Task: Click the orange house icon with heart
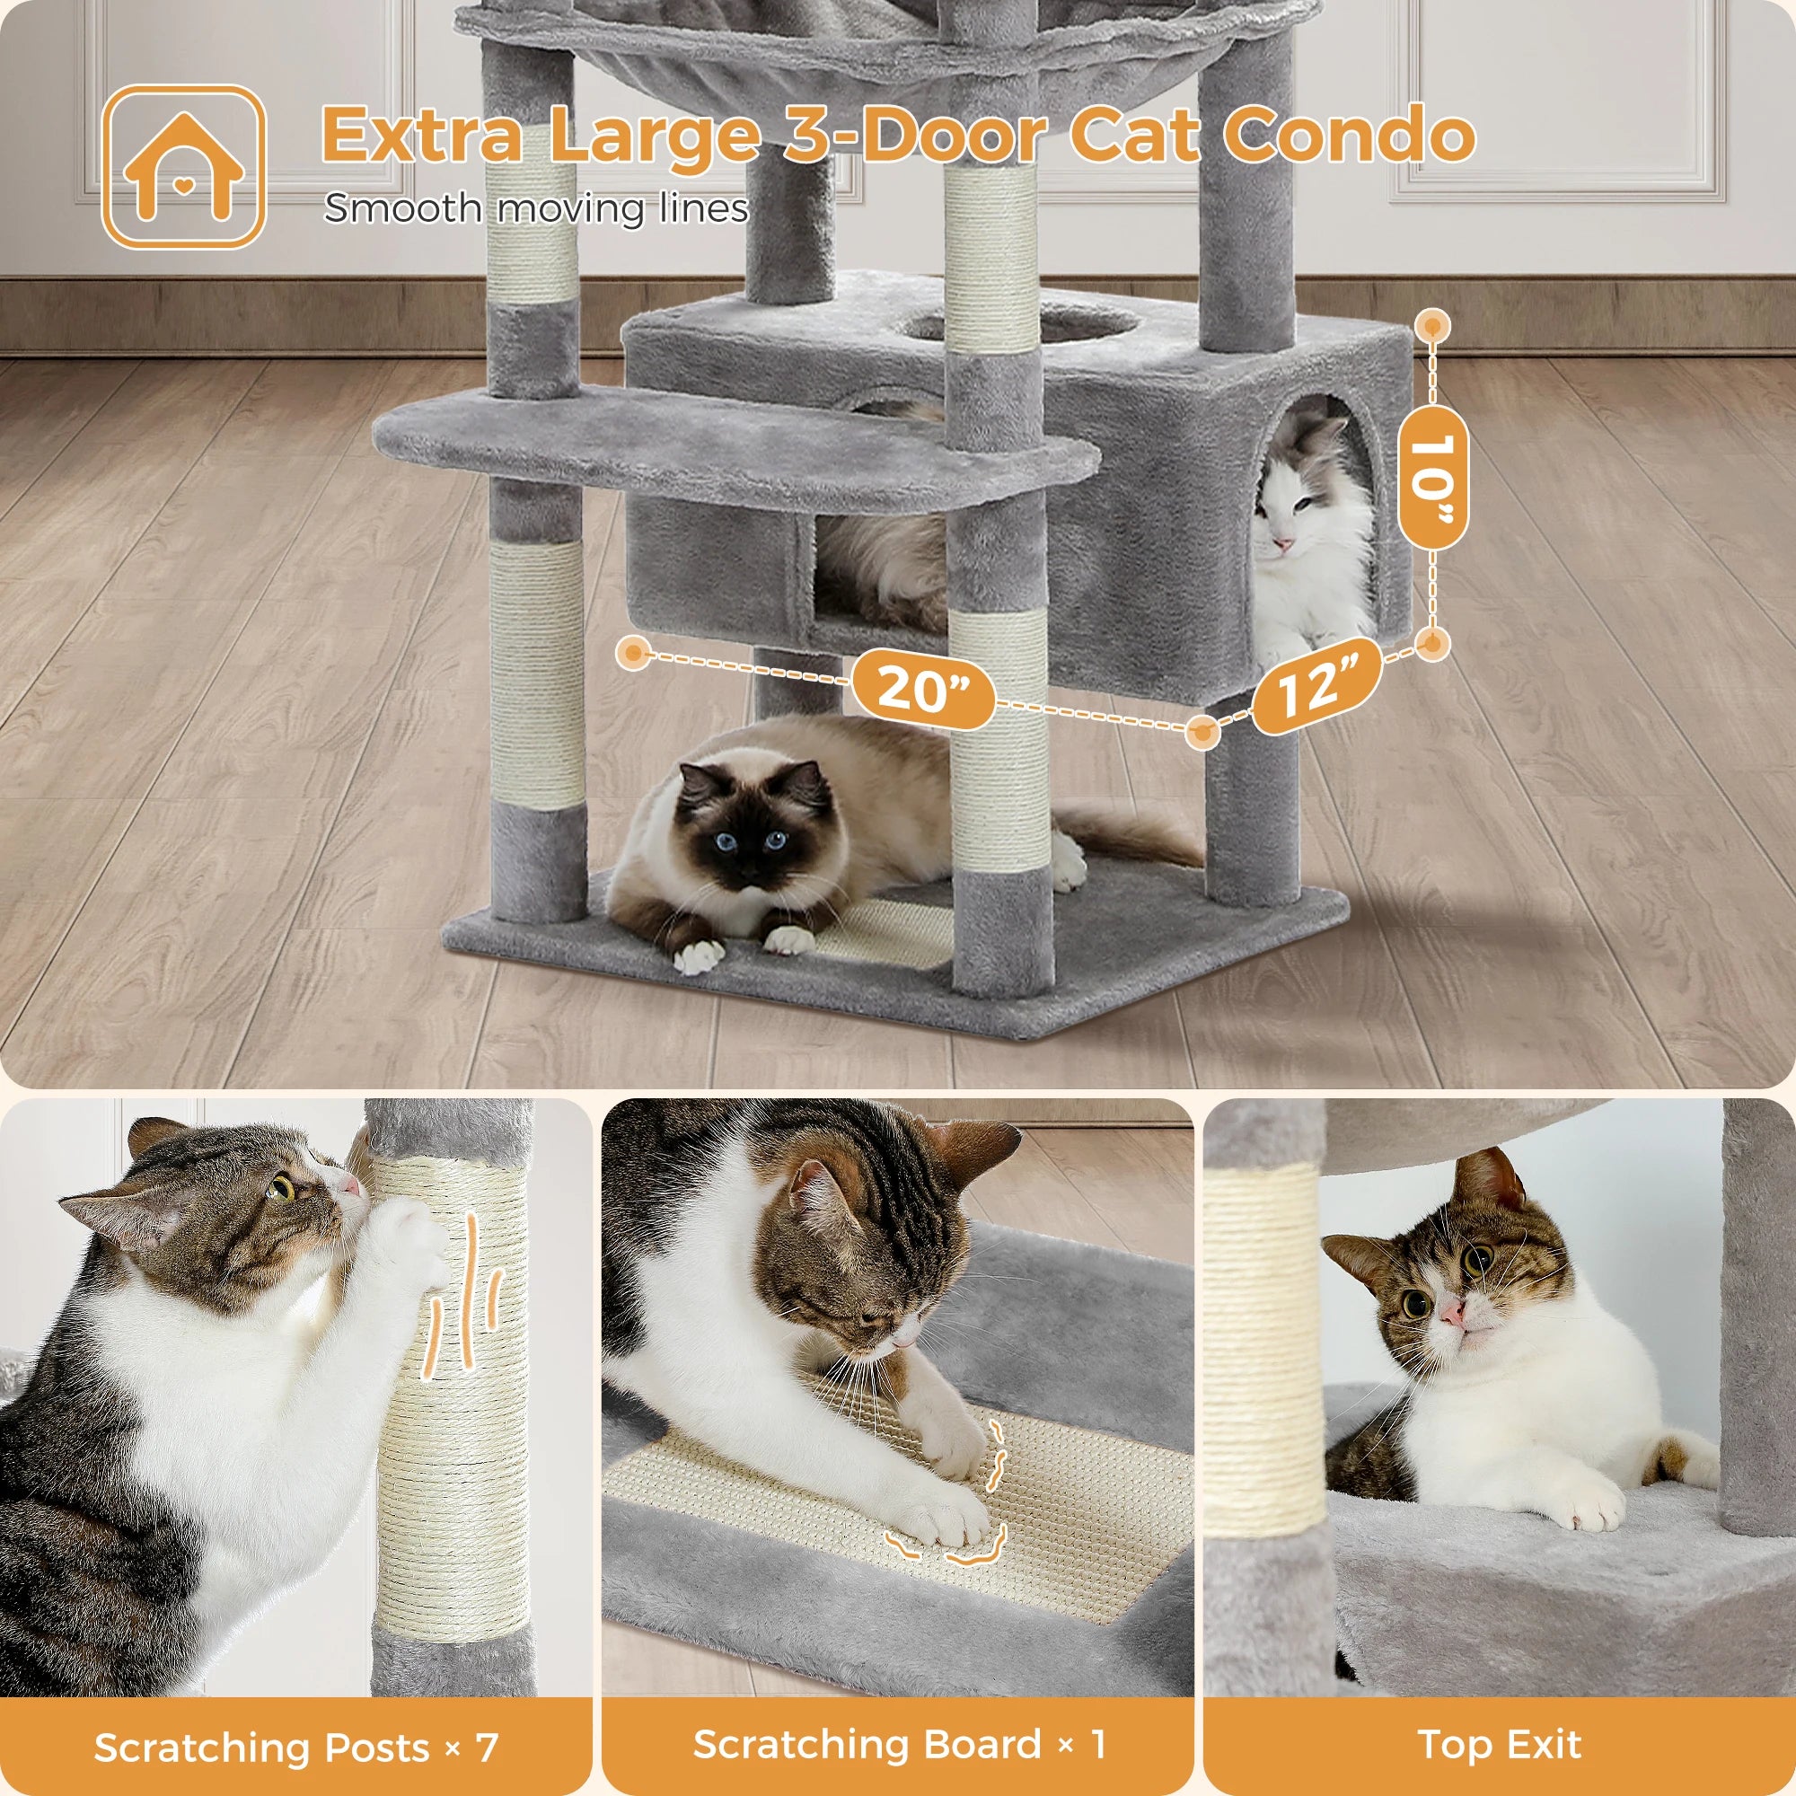point(183,167)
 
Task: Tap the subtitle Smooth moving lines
point(535,208)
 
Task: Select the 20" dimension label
point(922,689)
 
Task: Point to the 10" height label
point(1432,478)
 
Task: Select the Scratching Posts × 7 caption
point(295,1748)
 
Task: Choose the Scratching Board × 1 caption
point(898,1745)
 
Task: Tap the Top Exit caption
point(1499,1745)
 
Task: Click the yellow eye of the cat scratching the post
point(280,1188)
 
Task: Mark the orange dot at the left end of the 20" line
point(635,653)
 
